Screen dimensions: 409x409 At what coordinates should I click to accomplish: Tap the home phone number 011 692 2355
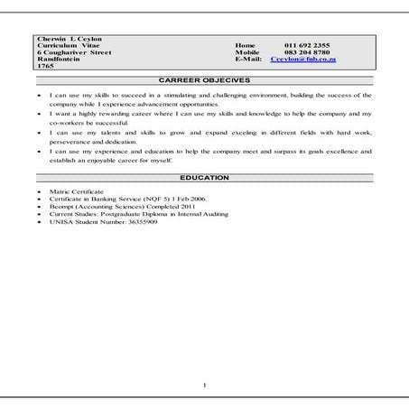[306, 45]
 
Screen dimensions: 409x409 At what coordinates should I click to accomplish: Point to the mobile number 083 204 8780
[306, 52]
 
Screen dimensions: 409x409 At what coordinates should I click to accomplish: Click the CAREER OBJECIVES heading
[204, 80]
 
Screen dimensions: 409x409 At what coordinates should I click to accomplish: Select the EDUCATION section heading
[204, 178]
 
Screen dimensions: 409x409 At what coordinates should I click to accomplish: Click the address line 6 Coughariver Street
[74, 52]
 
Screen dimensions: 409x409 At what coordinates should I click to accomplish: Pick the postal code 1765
[45, 67]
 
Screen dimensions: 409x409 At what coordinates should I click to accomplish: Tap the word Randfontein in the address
[58, 60]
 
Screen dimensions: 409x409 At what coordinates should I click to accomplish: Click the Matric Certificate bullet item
[77, 193]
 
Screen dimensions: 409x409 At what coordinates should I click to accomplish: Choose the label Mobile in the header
[246, 52]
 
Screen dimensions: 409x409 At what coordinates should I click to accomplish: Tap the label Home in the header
[245, 45]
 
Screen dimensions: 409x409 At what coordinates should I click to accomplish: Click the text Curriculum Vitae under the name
[69, 45]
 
